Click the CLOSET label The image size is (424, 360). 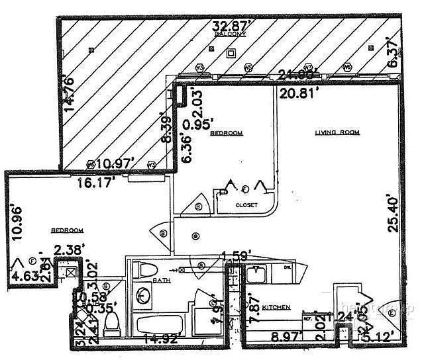pos(246,206)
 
